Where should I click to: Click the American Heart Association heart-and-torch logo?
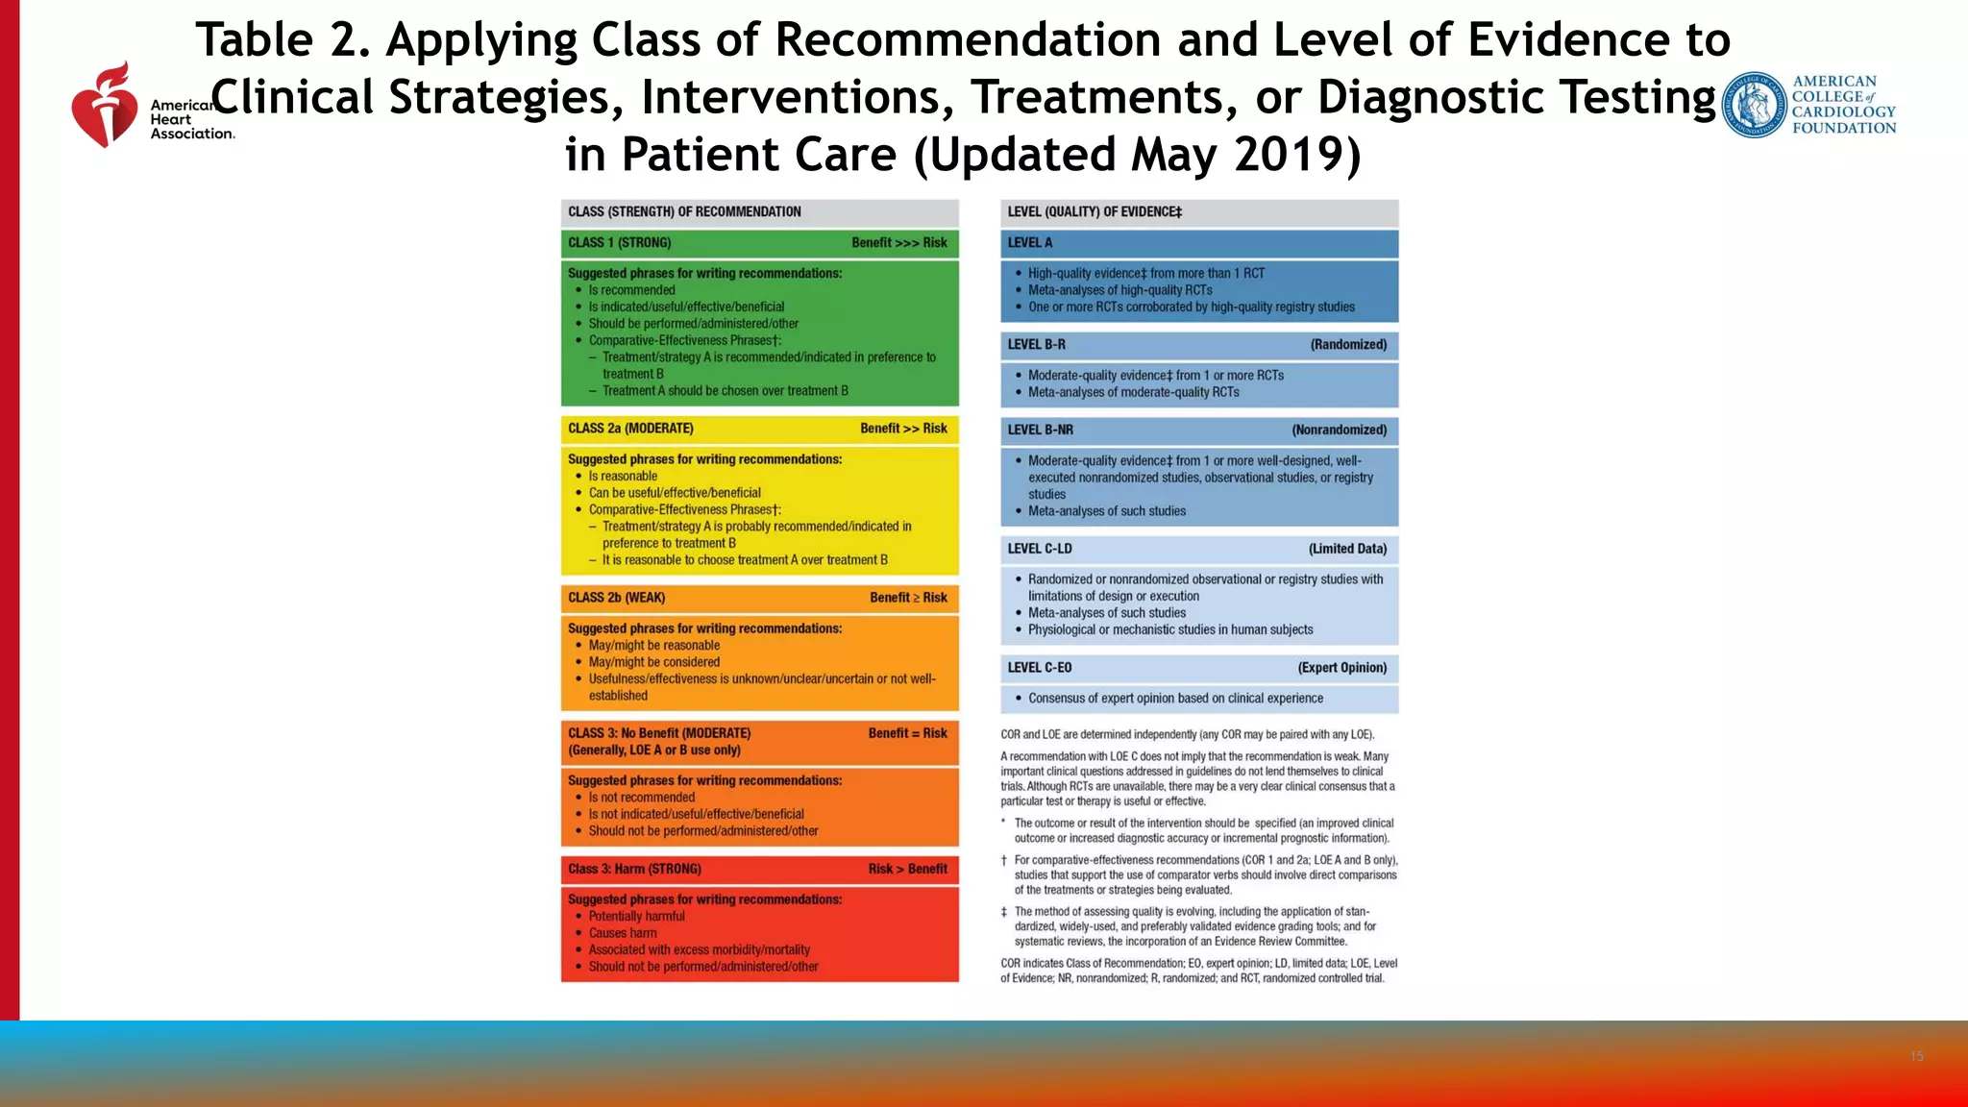tap(105, 106)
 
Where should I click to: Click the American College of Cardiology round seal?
tap(1754, 105)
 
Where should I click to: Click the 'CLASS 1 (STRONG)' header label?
tap(619, 243)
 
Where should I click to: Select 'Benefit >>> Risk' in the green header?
tap(898, 243)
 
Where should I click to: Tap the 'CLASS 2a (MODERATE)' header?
tap(630, 429)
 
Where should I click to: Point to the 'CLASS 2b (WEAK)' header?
tap(616, 598)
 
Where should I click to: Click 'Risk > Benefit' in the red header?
tap(907, 869)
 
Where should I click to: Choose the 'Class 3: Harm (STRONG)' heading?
tap(634, 869)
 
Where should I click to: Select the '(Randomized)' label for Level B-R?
tap(1348, 345)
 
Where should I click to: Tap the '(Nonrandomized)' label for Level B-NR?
tap(1339, 430)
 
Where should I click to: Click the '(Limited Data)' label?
tap(1347, 549)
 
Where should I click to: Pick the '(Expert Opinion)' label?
tap(1341, 668)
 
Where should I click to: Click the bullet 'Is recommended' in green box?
tap(631, 290)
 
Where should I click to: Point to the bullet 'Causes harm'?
tap(623, 933)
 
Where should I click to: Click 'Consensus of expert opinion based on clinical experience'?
tap(1175, 699)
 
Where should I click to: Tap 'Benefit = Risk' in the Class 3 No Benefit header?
tap(907, 733)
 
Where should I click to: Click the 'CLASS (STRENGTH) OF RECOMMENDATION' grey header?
tap(684, 212)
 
